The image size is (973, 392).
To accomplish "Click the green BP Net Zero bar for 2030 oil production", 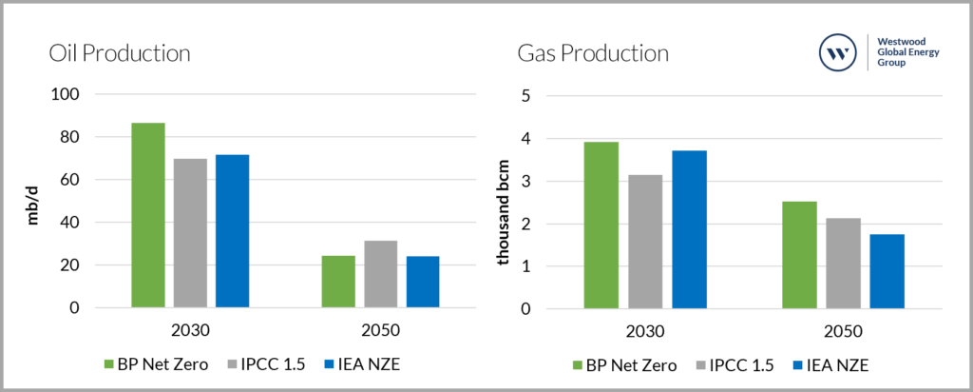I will (x=148, y=215).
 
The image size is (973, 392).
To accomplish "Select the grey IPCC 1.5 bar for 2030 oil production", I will (x=190, y=233).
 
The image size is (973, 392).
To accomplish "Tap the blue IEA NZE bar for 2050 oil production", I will (x=422, y=282).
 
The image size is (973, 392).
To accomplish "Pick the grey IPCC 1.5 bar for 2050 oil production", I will (x=380, y=274).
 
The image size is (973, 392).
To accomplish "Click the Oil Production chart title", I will (x=120, y=53).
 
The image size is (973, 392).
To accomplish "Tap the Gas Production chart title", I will (x=593, y=53).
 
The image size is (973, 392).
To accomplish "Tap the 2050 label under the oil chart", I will (x=380, y=332).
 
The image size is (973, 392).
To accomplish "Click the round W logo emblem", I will (x=838, y=54).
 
